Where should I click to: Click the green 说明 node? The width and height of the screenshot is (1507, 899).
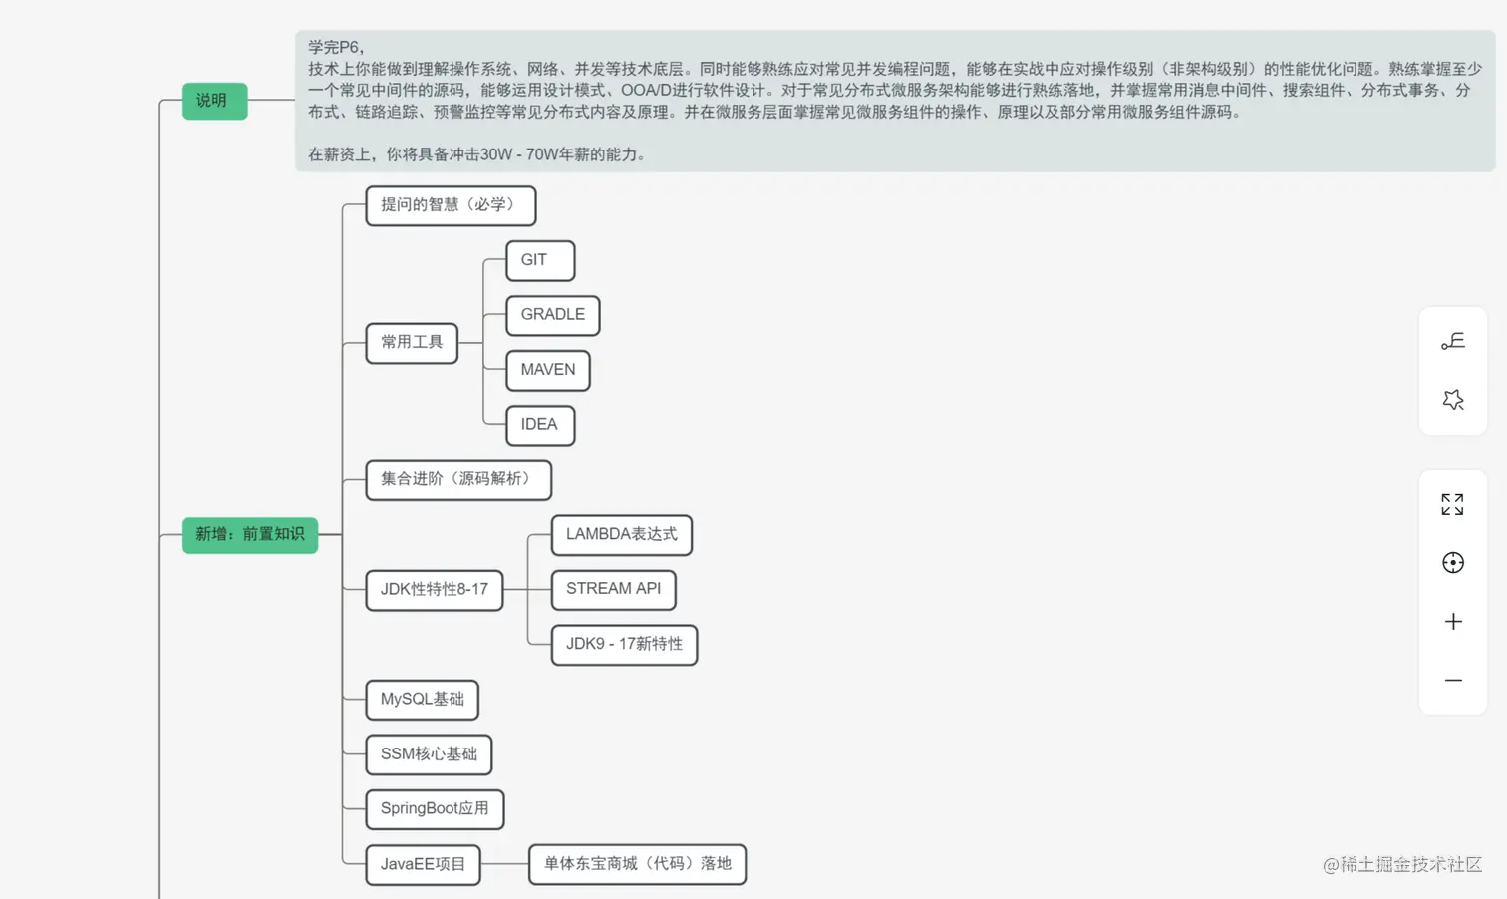pos(214,101)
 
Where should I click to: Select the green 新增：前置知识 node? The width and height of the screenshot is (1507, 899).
pos(250,535)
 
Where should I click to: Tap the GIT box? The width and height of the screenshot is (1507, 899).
pos(540,260)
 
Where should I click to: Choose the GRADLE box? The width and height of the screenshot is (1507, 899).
pos(553,315)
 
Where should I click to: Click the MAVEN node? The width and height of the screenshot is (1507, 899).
pos(548,370)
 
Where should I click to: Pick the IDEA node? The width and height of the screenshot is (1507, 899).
pos(540,425)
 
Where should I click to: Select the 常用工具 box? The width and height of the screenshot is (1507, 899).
pos(412,343)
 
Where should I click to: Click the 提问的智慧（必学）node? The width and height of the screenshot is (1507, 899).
pos(451,205)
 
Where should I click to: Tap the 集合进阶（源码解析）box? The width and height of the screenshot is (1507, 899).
pos(458,479)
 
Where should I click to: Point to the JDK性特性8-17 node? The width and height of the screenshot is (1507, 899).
pos(435,590)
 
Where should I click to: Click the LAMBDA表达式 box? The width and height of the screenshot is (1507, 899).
pos(622,535)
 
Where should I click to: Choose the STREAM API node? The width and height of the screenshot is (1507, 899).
pos(614,589)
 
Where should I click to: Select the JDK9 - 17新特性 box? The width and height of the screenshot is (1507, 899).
pos(625,645)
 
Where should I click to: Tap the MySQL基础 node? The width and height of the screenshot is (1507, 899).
pos(423,700)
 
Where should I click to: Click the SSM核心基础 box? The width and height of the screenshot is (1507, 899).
pos(429,754)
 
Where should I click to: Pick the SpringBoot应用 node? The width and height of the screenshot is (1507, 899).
pos(435,809)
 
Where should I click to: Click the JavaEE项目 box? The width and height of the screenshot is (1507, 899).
pos(423,864)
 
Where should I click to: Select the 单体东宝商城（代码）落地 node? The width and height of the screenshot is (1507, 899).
pos(638,864)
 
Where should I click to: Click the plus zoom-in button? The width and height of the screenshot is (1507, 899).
pos(1453,622)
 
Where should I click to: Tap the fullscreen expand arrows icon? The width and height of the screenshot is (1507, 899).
pos(1453,504)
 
